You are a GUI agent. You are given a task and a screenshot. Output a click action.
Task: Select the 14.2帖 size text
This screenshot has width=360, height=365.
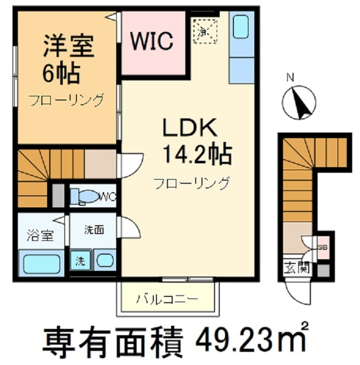(x=197, y=154)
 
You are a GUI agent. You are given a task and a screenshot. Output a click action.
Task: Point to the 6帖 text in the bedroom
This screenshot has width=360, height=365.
(x=60, y=73)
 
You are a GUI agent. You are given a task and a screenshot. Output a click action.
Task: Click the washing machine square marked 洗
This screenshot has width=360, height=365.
(x=80, y=262)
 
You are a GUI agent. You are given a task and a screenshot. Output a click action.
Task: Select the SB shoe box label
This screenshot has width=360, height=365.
(x=322, y=247)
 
